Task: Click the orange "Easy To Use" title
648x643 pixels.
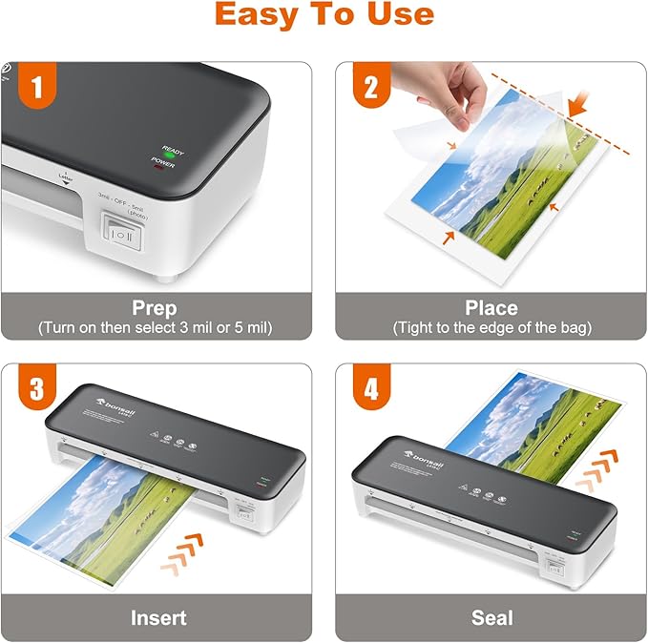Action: (324, 15)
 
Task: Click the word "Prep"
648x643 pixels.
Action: (156, 308)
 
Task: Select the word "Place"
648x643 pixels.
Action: (491, 308)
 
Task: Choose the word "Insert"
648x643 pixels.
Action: (157, 617)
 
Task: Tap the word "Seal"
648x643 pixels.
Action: (491, 617)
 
